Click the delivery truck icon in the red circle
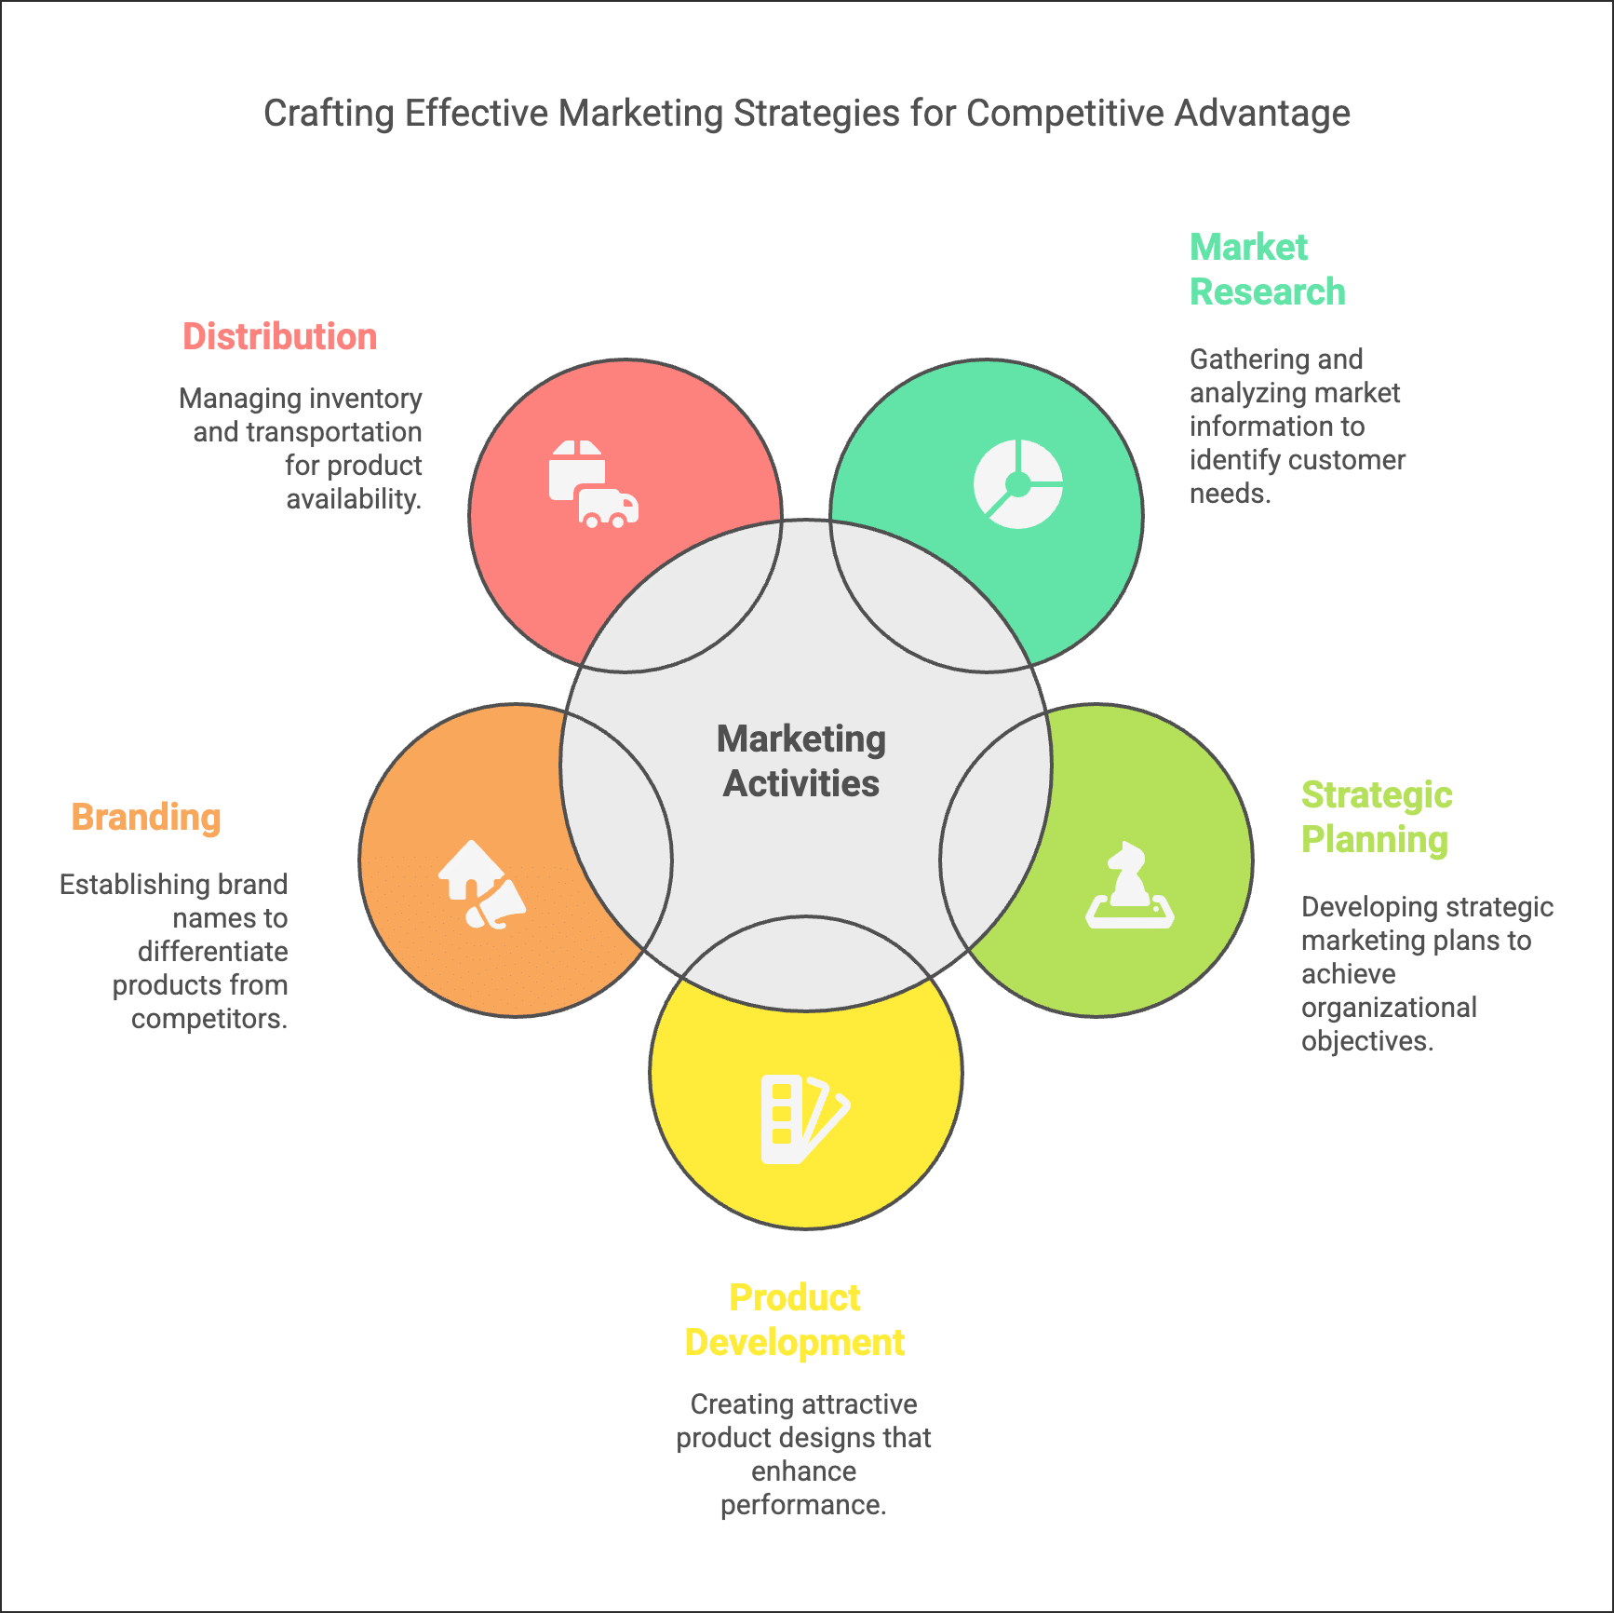tap(594, 485)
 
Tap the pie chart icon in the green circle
tap(1018, 484)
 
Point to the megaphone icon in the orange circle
tap(482, 886)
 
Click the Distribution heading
tap(279, 337)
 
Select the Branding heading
tap(146, 818)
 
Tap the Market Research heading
tap(1267, 270)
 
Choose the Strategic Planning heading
tap(1376, 818)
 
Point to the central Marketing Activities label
tap(801, 761)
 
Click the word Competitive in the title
tap(1065, 114)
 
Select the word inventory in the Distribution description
tap(368, 399)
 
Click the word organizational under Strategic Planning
tap(1389, 1008)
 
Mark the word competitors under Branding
tap(209, 1019)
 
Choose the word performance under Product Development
tap(803, 1505)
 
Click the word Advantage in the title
tap(1262, 114)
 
